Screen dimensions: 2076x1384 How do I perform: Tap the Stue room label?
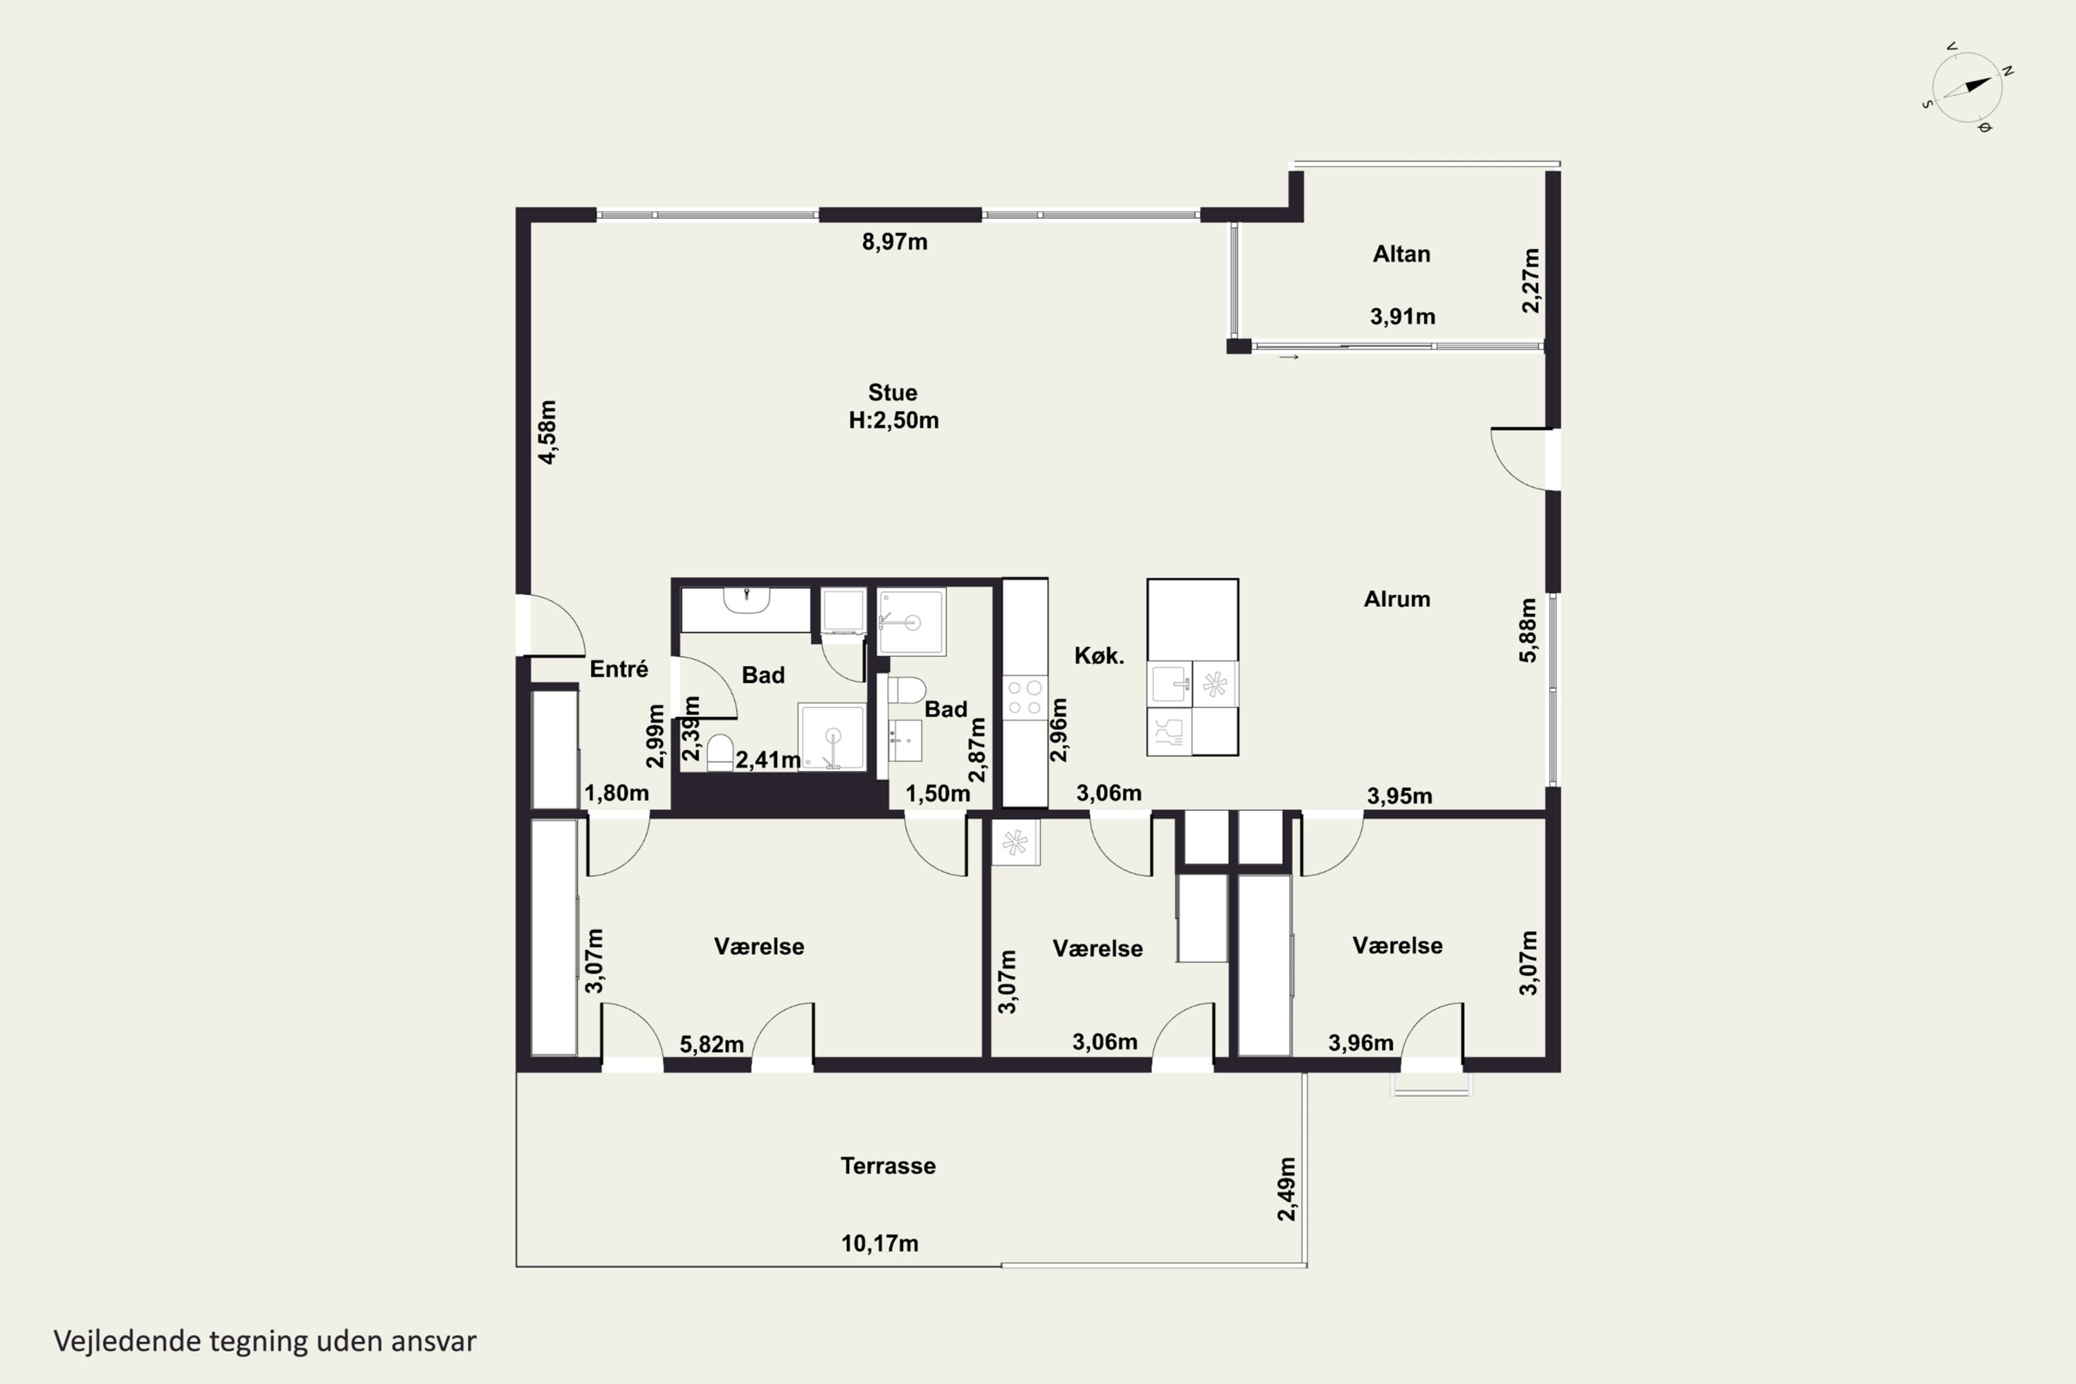pos(893,393)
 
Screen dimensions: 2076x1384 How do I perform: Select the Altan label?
pos(1401,254)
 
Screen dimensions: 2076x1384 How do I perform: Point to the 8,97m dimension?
pos(894,242)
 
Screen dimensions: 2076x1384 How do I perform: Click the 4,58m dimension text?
pos(547,432)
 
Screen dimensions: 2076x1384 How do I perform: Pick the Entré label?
pos(619,669)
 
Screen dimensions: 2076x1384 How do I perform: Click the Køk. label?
pos(1099,656)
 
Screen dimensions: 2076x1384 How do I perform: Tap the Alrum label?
pos(1396,599)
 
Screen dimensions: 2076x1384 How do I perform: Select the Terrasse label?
pos(888,1166)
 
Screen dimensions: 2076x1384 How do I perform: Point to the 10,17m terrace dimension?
pos(879,1244)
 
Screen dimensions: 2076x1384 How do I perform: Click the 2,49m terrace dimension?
pos(1287,1189)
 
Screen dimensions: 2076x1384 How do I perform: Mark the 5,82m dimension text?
pos(711,1044)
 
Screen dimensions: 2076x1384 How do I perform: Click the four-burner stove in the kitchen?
pos(1025,698)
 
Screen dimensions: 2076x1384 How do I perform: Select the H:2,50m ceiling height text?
pos(893,420)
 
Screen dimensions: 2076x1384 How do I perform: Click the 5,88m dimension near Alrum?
pos(1528,630)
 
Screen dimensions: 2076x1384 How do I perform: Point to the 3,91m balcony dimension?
pos(1403,316)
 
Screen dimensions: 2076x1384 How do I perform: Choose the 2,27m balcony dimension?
pos(1531,281)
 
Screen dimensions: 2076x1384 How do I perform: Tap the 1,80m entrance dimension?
pos(616,792)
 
